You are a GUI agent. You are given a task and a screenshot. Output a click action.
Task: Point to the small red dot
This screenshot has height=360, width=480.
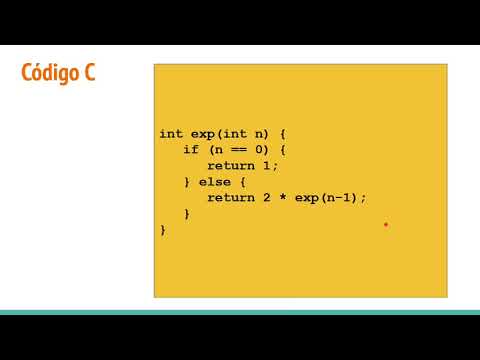pyautogui.click(x=385, y=225)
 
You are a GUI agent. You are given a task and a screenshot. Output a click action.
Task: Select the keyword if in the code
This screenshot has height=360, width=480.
pyautogui.click(x=191, y=149)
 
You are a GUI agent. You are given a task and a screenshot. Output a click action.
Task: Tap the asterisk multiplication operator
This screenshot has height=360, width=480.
pyautogui.click(x=283, y=197)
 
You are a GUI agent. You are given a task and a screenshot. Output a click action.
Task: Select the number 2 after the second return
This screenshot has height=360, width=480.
pyautogui.click(x=267, y=197)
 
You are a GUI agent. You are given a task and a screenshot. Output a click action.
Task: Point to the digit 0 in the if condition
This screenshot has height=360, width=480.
pyautogui.click(x=259, y=149)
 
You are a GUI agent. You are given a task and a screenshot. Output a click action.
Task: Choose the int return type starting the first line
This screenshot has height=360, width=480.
pyautogui.click(x=170, y=133)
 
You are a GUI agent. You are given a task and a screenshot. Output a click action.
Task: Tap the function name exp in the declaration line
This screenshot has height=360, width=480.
pyautogui.click(x=203, y=133)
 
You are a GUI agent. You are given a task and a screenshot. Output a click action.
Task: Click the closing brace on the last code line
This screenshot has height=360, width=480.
pyautogui.click(x=163, y=229)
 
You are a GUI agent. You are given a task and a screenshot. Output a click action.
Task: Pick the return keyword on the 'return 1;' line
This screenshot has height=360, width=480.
pyautogui.click(x=231, y=165)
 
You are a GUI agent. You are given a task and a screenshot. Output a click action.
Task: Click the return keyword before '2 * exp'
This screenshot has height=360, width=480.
pyautogui.click(x=231, y=197)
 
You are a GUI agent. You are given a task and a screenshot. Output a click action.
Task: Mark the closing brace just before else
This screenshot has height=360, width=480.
pyautogui.click(x=187, y=181)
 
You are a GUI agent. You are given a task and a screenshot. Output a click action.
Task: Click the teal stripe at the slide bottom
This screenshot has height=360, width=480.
pyautogui.click(x=240, y=312)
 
